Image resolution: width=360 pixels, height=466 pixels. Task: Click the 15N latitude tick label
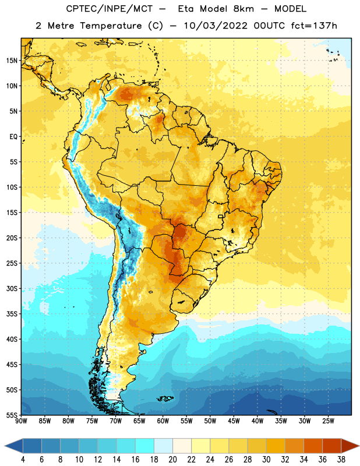(12, 61)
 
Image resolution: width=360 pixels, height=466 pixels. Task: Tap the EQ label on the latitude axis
(13, 137)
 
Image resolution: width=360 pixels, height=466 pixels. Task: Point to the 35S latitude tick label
(12, 314)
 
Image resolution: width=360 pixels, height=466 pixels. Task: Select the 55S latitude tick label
(12, 415)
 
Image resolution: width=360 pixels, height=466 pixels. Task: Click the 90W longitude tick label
(21, 421)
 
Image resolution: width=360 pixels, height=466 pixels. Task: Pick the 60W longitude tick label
(163, 421)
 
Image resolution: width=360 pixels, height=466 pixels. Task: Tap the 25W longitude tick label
(328, 421)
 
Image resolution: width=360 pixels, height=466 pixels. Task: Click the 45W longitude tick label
(234, 421)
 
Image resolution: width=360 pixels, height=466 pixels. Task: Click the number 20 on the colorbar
(172, 460)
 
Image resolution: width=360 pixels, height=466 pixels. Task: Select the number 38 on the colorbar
(341, 460)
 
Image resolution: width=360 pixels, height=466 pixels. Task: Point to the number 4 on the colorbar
(23, 460)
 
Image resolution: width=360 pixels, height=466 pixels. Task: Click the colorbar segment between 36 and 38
(332, 446)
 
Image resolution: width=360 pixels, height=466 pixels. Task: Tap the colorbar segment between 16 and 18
(144, 446)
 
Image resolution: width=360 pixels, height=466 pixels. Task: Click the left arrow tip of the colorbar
(5, 446)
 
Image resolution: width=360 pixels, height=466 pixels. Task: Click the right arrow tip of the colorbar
(359, 446)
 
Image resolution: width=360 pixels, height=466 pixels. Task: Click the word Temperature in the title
(111, 26)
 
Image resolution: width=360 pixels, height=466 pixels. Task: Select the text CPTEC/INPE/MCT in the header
(109, 9)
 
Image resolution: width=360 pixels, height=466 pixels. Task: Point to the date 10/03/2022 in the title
(215, 26)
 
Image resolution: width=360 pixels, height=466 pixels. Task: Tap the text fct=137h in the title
(314, 26)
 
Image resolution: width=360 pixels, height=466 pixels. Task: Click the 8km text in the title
(243, 9)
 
